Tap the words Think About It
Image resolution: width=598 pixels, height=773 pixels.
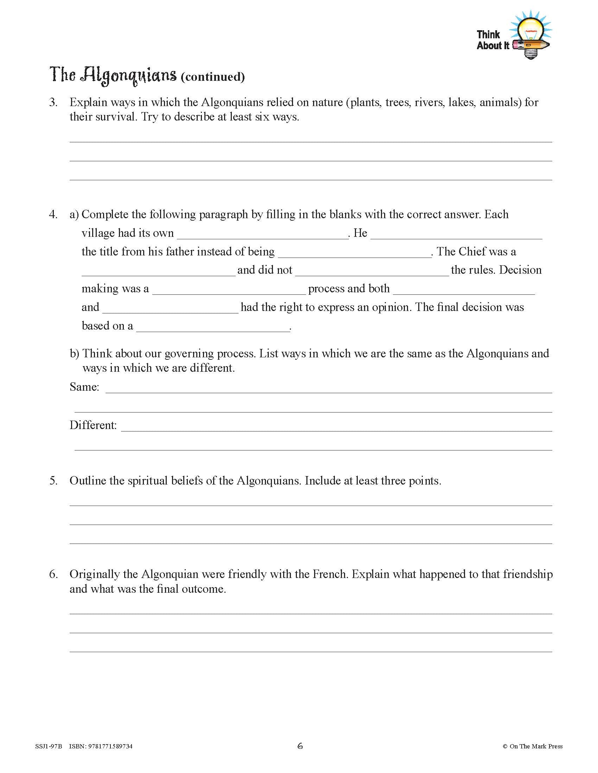[x=492, y=40]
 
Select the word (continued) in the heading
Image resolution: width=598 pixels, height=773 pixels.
[x=212, y=77]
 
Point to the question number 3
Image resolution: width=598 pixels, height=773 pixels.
[x=53, y=103]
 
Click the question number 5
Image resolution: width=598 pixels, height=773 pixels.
[x=53, y=481]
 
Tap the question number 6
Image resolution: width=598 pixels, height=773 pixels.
[x=53, y=574]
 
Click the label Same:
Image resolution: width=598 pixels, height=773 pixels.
[x=84, y=387]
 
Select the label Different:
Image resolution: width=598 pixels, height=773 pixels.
[x=93, y=425]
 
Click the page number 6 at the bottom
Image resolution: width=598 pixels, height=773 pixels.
[x=300, y=746]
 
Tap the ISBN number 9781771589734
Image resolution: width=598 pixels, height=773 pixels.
[x=111, y=746]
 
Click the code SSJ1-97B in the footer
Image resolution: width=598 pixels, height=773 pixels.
[x=49, y=746]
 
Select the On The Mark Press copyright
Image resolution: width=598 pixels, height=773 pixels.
[x=532, y=746]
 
